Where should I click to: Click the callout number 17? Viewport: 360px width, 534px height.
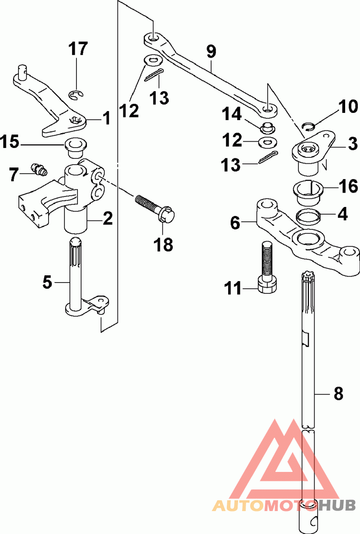[x=78, y=49]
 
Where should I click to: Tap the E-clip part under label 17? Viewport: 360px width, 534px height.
[x=77, y=96]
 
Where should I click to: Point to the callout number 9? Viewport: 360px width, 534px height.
[x=211, y=51]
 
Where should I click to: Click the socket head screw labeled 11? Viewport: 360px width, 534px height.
[x=267, y=267]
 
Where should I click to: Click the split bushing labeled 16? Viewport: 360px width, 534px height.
[x=308, y=193]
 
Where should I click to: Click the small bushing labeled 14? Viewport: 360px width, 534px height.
[x=268, y=128]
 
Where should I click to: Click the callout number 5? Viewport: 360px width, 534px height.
[x=47, y=282]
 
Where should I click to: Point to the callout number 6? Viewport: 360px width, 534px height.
[x=235, y=223]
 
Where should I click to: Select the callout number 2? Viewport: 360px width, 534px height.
[x=107, y=218]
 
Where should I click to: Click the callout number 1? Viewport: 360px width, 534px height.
[x=107, y=118]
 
